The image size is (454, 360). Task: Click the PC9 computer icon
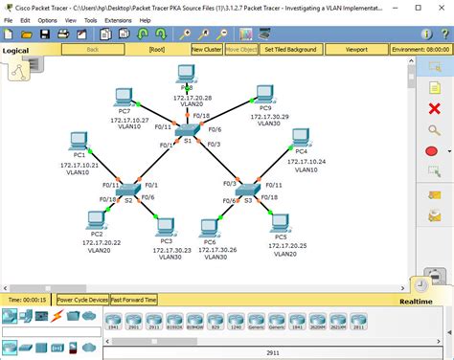pyautogui.click(x=264, y=95)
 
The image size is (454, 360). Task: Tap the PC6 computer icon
pyautogui.click(x=210, y=228)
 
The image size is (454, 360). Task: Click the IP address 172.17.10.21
pyautogui.click(x=79, y=165)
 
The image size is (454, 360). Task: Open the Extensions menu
pyautogui.click(x=118, y=19)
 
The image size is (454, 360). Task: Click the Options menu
pyautogui.click(x=46, y=19)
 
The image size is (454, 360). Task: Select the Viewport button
pyautogui.click(x=356, y=49)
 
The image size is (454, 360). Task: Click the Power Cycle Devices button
pyautogui.click(x=81, y=300)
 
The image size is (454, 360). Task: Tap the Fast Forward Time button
pyautogui.click(x=133, y=300)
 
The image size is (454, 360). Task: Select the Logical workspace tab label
pyautogui.click(x=15, y=50)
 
